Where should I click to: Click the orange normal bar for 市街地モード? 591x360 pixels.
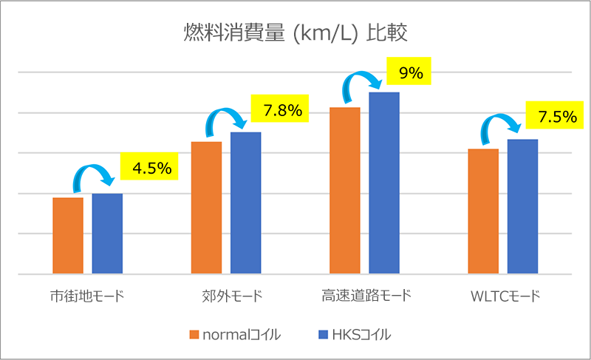(x=68, y=236)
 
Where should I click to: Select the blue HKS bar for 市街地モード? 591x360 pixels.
(x=107, y=234)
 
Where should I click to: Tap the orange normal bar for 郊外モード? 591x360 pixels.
(x=206, y=208)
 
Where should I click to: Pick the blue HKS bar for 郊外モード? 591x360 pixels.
(x=245, y=203)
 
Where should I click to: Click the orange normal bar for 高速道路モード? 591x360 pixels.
(x=345, y=191)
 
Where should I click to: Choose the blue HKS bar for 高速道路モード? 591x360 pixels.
(x=384, y=183)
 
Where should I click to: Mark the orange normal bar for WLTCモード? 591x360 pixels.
(x=483, y=211)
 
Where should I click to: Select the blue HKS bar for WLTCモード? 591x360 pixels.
(x=522, y=206)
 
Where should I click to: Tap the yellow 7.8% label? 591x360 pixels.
(x=281, y=111)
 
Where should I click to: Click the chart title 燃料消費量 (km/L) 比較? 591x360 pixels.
(x=295, y=33)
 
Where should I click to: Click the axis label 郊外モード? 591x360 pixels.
(x=226, y=297)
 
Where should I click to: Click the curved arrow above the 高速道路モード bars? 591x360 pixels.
(x=365, y=81)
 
